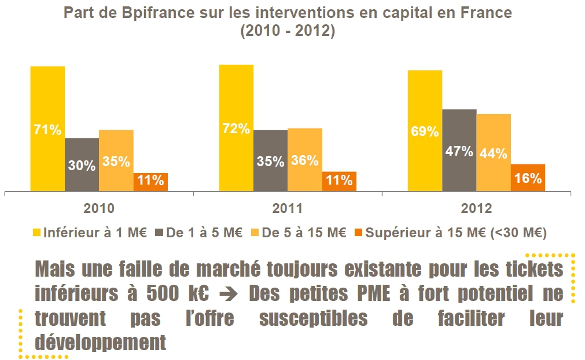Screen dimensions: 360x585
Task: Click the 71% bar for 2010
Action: (47, 128)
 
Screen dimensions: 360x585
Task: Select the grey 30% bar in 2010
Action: (82, 164)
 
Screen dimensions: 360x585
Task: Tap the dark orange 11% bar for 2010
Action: (150, 181)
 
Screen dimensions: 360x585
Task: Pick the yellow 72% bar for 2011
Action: (236, 127)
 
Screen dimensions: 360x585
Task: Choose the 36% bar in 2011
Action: (304, 159)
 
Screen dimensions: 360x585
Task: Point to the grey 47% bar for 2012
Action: (459, 150)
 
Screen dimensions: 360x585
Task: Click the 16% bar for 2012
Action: (528, 177)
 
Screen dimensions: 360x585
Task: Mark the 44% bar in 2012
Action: (494, 152)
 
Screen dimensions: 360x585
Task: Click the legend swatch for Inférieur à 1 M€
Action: (36, 233)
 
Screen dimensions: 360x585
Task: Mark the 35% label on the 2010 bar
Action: (116, 161)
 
